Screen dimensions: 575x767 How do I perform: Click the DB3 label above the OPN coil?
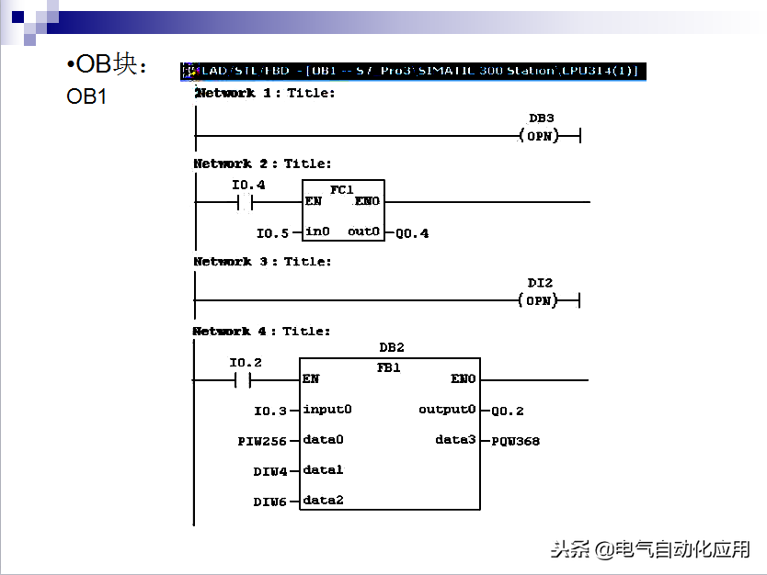pos(541,118)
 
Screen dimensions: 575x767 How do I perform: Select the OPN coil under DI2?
pos(540,300)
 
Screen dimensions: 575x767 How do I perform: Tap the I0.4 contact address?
pos(248,185)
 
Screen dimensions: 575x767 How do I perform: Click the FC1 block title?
pos(342,188)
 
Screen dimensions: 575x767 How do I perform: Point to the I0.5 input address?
pos(272,233)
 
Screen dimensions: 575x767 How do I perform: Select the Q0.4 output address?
pos(412,233)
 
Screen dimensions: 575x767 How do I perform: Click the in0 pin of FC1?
pos(317,231)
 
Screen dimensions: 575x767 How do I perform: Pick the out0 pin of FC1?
pos(364,231)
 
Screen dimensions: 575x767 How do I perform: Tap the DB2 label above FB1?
pos(392,348)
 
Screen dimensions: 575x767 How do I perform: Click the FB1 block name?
pos(389,366)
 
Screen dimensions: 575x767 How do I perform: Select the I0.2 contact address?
pos(246,363)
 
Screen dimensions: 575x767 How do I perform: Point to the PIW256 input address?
pos(263,441)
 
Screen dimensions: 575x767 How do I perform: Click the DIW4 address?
pos(270,471)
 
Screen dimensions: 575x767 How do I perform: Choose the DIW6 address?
pos(270,502)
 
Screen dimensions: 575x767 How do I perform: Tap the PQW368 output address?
pos(515,441)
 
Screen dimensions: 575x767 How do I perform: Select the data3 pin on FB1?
pos(454,440)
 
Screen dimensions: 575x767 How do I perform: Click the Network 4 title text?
pos(261,331)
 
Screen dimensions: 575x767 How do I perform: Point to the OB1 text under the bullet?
pos(86,96)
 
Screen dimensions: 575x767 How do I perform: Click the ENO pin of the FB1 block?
pos(464,378)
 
